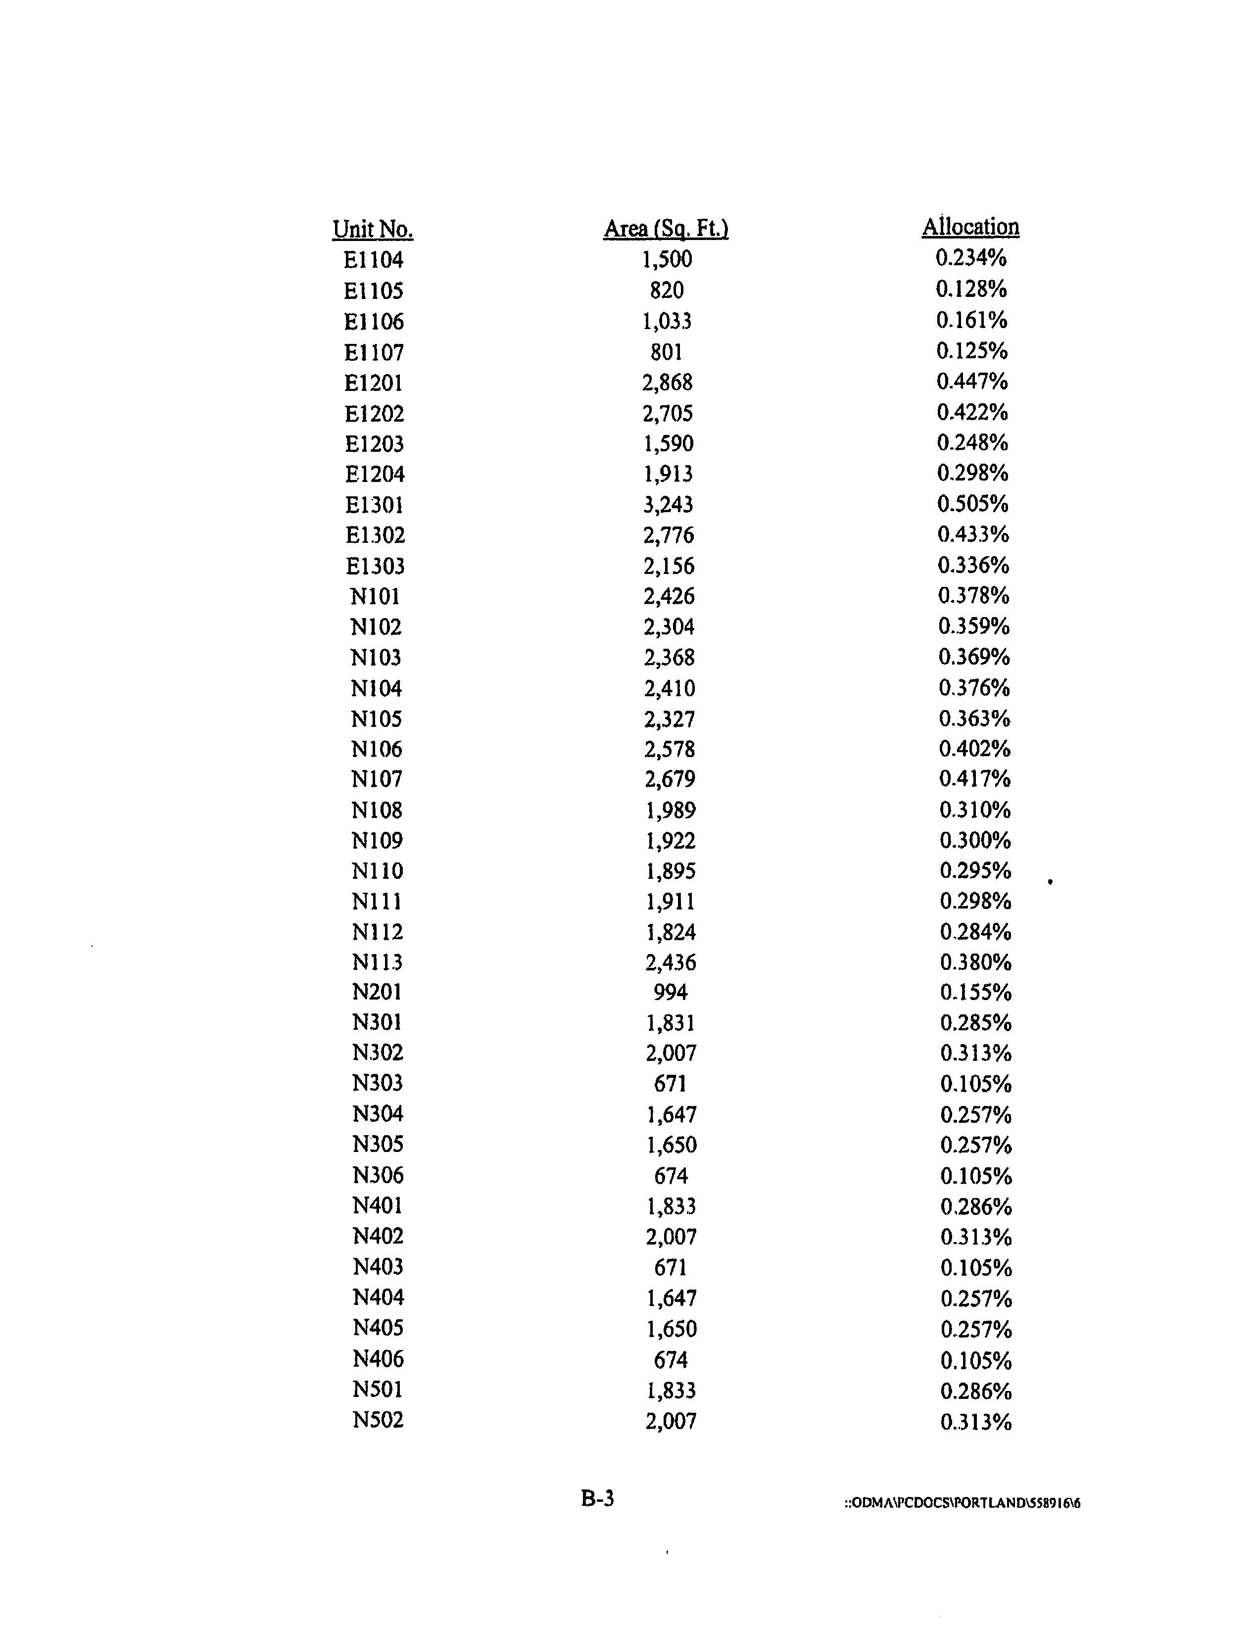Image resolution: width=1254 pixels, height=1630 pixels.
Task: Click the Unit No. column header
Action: tap(373, 229)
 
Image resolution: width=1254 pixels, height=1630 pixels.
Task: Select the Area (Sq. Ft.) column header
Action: tap(666, 229)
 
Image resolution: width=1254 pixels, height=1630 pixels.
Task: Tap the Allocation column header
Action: tap(970, 227)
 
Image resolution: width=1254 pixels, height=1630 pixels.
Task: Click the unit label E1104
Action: tap(373, 260)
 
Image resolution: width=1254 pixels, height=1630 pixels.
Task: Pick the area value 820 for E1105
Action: tap(667, 290)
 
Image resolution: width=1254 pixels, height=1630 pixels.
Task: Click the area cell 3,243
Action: tap(668, 505)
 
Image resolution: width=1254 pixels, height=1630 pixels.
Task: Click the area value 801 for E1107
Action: tap(667, 351)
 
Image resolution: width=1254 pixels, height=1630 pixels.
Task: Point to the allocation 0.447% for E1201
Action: tap(972, 382)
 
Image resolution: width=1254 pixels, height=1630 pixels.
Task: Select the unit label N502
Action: tap(378, 1420)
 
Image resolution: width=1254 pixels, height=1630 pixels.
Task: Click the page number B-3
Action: tap(597, 1498)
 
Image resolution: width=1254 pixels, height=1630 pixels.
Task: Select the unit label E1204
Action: tap(374, 474)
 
